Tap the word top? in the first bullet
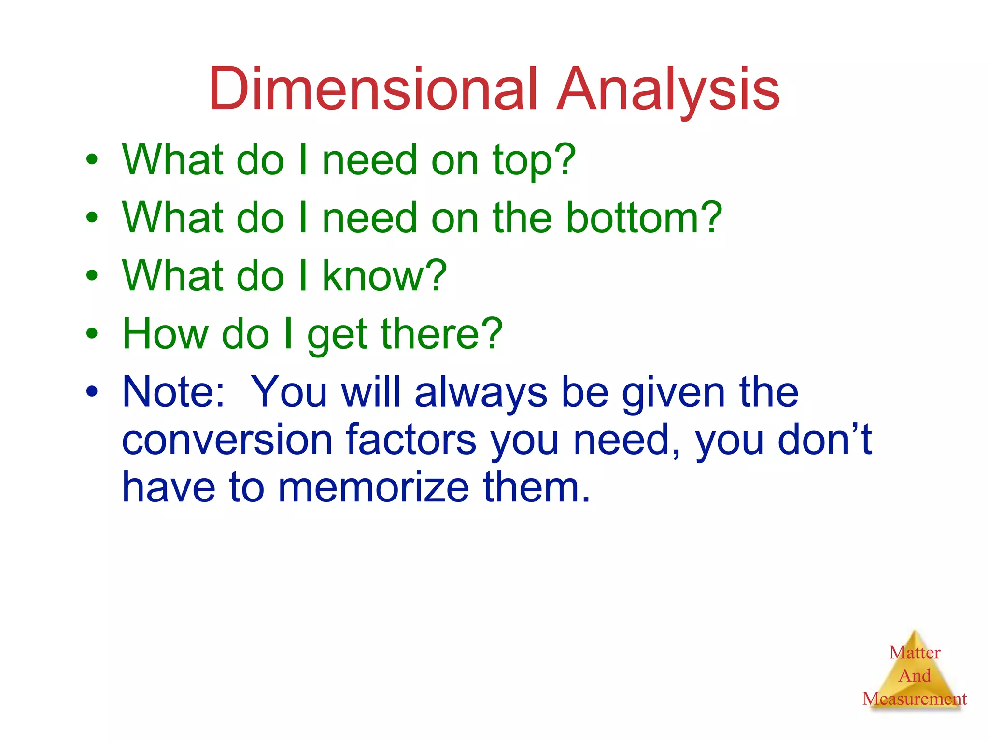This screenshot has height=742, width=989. pos(534,160)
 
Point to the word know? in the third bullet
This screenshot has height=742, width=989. pos(384,276)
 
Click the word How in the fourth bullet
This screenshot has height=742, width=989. pos(165,334)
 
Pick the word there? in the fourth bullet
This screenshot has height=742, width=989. pos(441,334)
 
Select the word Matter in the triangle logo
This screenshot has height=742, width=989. pos(915,653)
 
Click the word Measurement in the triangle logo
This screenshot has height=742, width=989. pos(915,699)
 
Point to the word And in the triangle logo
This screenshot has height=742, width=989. pos(915,675)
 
